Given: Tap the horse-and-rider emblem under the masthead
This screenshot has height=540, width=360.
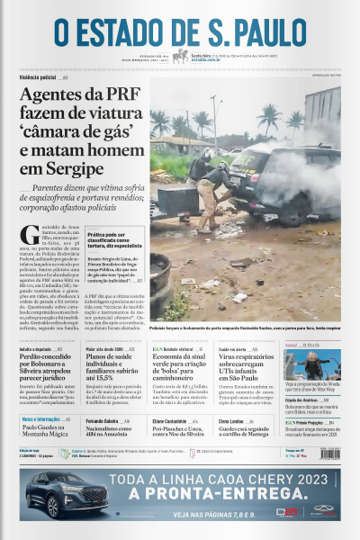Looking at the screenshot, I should (x=181, y=57).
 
